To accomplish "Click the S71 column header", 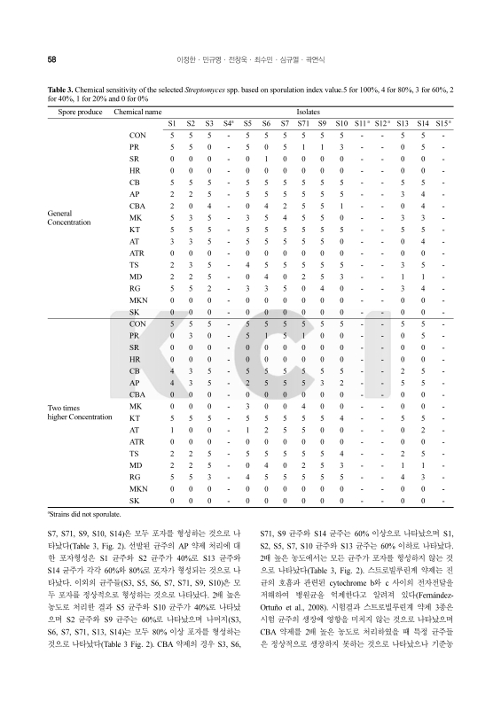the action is click(x=303, y=124).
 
